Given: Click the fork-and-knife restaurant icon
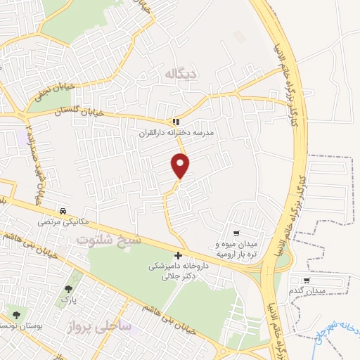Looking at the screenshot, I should click(176, 122).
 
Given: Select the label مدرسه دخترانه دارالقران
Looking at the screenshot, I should click(179, 132).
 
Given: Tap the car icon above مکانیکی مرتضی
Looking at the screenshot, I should click(64, 211).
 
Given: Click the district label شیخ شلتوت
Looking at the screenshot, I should click(109, 240).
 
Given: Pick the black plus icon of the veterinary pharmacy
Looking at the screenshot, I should click(178, 256).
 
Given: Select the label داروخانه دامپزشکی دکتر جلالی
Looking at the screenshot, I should click(178, 271).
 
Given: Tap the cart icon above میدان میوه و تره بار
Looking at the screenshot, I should click(237, 233).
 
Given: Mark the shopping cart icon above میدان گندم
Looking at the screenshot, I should click(307, 280).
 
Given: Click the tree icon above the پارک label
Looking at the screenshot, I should click(68, 289).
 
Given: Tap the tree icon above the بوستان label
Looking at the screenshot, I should click(16, 315).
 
